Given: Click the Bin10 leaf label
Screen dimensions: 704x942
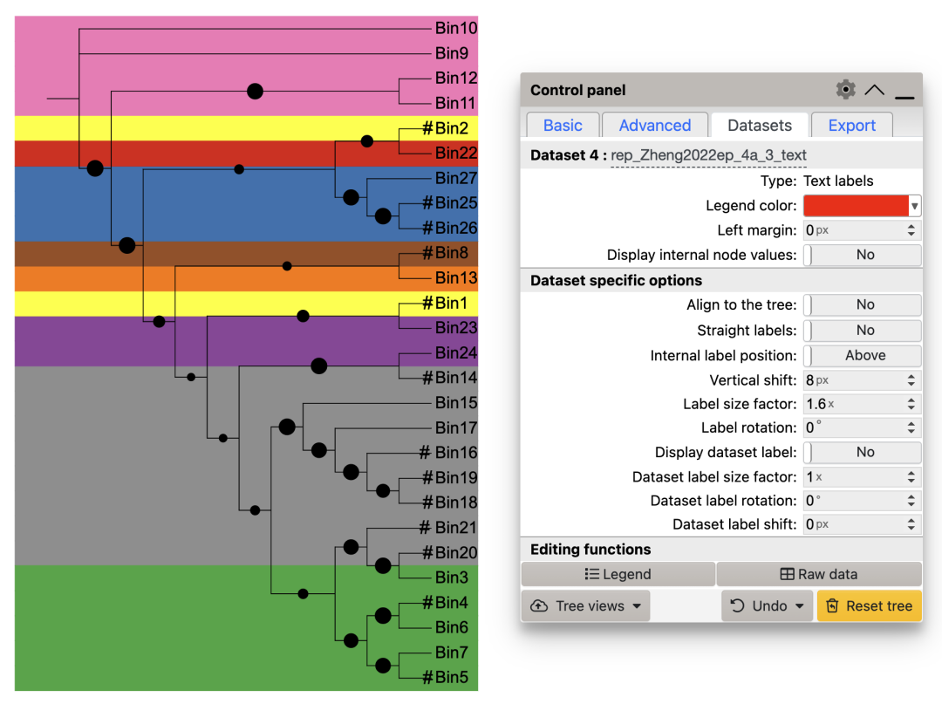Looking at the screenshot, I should (x=456, y=29).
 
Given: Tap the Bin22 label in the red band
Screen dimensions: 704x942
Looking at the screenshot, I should (x=456, y=154).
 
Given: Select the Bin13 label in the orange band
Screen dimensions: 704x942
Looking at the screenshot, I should (x=456, y=278).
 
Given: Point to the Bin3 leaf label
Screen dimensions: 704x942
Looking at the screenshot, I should (x=452, y=578).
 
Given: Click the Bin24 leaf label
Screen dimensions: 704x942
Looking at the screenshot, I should (x=456, y=353).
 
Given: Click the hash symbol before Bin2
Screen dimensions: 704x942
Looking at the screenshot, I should (x=427, y=128).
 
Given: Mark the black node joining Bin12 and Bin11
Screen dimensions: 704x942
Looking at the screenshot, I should (x=255, y=91).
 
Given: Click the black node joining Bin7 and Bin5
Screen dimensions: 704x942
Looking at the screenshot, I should (x=383, y=666).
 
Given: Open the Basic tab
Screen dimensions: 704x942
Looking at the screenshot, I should (x=563, y=126).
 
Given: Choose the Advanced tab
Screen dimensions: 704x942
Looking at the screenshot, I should (x=655, y=126).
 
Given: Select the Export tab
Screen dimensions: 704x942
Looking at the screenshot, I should (x=851, y=126).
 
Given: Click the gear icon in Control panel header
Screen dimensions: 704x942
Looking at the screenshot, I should (x=845, y=90).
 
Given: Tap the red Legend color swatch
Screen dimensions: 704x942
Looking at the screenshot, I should (x=856, y=206).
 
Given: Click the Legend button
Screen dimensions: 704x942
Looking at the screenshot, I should (x=618, y=574).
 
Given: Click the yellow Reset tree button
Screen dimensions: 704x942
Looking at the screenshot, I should (x=869, y=606).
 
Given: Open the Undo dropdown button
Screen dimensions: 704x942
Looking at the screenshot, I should (x=767, y=606).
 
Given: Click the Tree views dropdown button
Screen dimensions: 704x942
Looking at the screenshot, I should (x=585, y=606).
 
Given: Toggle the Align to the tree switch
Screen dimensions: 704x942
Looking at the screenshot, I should (x=862, y=304).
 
